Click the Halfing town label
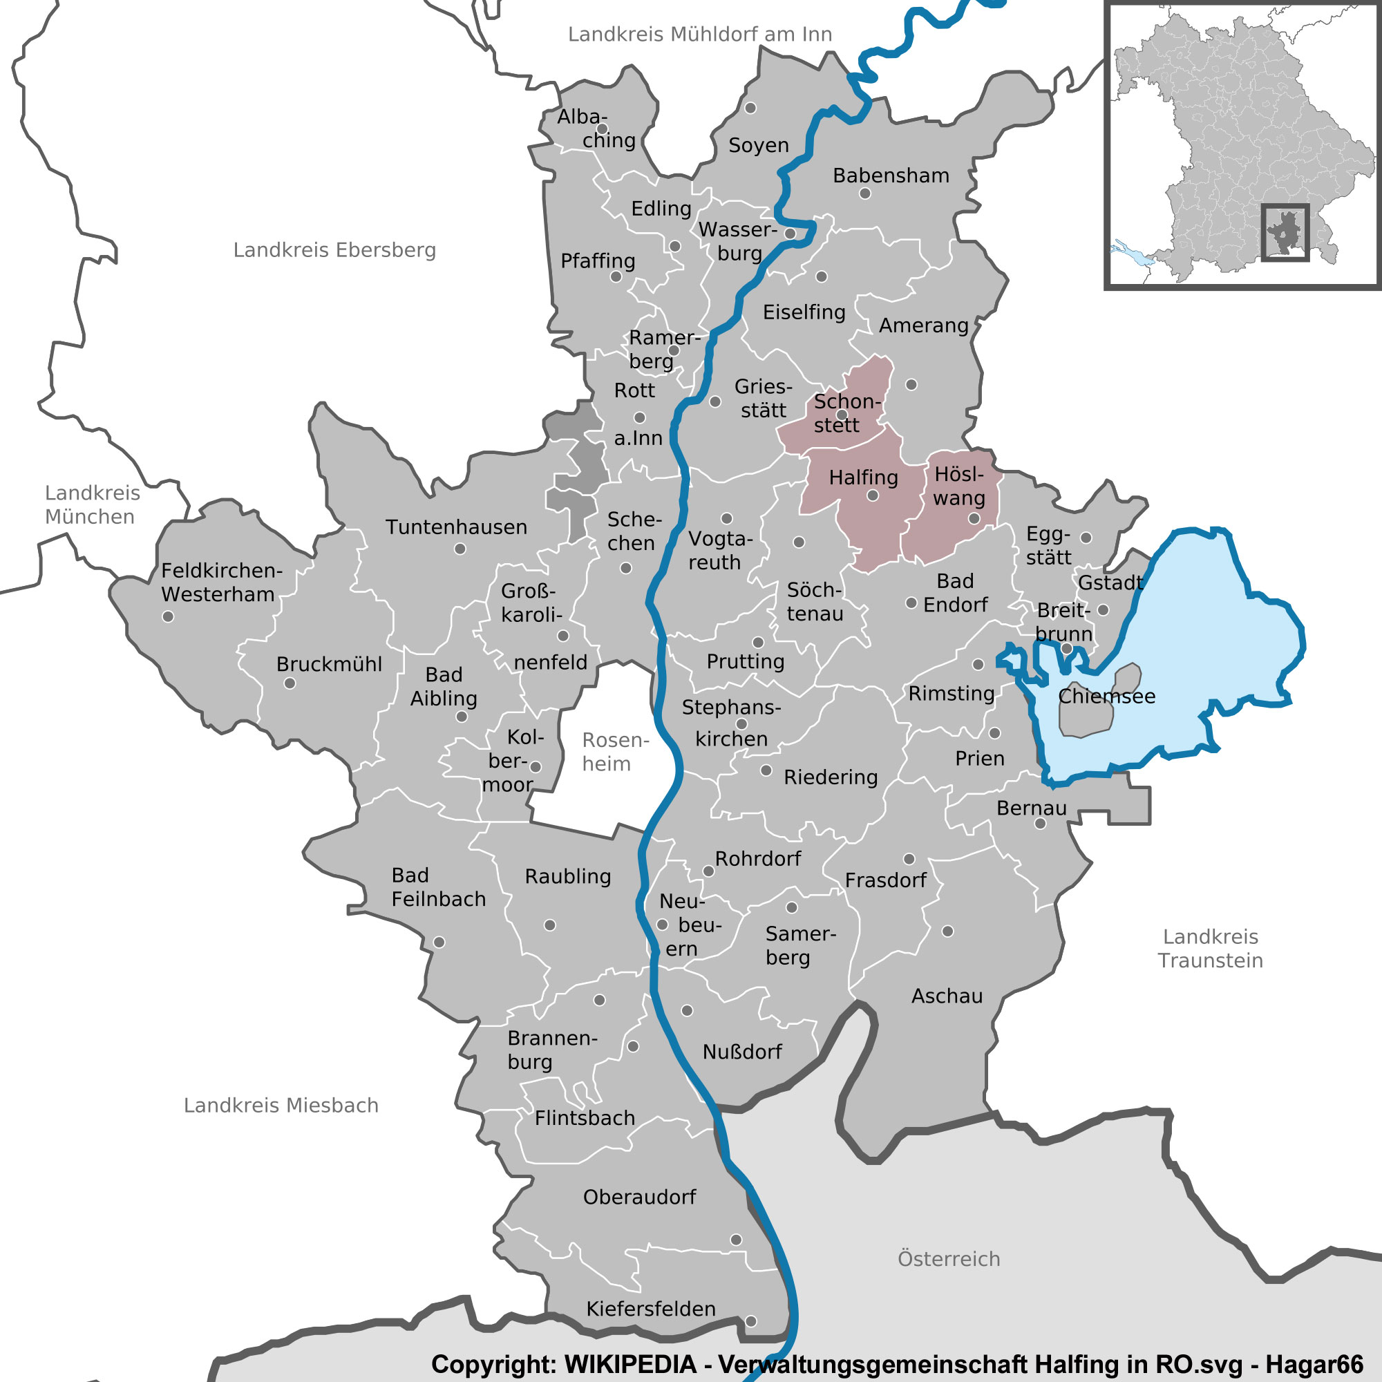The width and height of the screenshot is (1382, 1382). [x=863, y=477]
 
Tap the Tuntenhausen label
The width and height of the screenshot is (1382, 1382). [x=456, y=527]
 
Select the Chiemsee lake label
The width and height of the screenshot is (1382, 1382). [x=1106, y=696]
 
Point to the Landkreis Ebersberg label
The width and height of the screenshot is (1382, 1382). [x=334, y=250]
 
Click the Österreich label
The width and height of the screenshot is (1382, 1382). [x=949, y=1259]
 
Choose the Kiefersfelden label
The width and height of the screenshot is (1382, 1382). [x=651, y=1309]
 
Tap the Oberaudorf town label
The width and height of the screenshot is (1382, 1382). [x=639, y=1198]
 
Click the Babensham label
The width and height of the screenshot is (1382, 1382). [x=891, y=176]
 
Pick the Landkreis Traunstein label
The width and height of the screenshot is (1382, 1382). [x=1211, y=949]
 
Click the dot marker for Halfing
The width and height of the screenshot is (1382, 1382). [x=873, y=495]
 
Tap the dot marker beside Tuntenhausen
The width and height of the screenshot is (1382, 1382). [x=460, y=549]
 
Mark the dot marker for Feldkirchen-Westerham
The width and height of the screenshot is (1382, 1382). [x=168, y=616]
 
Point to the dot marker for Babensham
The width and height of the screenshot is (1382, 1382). [x=865, y=193]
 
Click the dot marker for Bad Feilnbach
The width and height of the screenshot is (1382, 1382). [x=439, y=943]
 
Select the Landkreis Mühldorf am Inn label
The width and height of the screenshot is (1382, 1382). [x=699, y=35]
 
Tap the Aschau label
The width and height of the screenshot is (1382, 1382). [x=947, y=996]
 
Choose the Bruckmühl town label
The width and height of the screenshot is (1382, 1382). [x=329, y=664]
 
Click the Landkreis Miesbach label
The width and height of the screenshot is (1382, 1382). [x=281, y=1105]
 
